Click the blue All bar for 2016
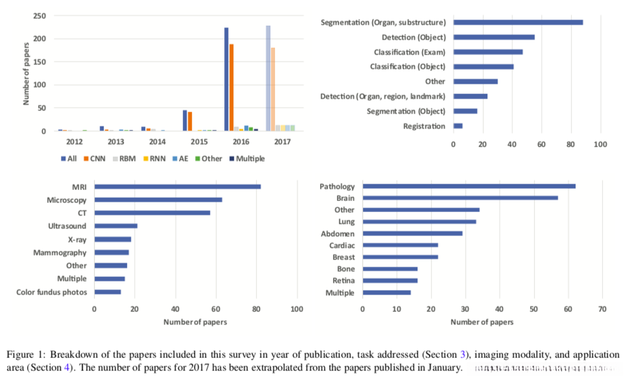pos(226,79)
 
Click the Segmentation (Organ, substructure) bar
pos(518,22)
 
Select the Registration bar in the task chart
pos(458,126)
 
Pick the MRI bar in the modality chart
pos(177,187)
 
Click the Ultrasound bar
pos(116,226)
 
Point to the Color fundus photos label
pos(52,292)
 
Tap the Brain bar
pos(459,198)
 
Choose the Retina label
pos(344,281)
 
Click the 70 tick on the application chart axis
pos(602,307)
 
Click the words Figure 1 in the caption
pos(23,355)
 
